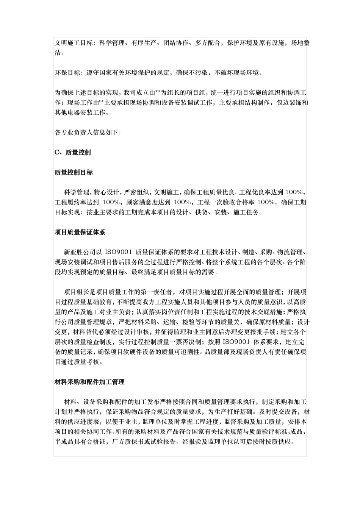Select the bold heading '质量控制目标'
click(x=74, y=173)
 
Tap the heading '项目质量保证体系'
click(x=80, y=233)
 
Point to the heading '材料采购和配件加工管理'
click(x=89, y=382)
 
